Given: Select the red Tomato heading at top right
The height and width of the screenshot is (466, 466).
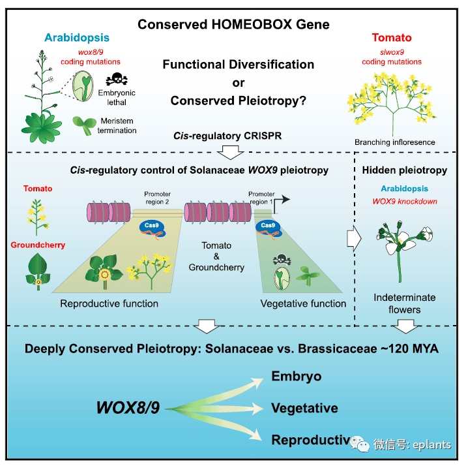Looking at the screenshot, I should point(391,39).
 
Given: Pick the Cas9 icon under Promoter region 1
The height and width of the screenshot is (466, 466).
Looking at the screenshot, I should point(268,227).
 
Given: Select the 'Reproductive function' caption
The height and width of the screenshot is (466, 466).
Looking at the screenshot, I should point(109,303).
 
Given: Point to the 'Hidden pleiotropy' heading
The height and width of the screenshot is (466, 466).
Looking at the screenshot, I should point(405,170).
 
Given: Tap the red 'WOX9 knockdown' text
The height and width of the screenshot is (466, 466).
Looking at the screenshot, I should point(404,201).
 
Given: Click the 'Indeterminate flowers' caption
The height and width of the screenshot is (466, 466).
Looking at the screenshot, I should point(405,303).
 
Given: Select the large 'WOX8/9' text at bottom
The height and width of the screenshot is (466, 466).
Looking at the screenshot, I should point(128,409).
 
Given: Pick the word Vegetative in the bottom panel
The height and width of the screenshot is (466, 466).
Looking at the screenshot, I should point(304,408).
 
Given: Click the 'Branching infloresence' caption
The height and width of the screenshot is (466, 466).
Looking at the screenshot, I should point(394,142).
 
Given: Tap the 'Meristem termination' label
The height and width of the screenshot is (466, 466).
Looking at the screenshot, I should point(118,125).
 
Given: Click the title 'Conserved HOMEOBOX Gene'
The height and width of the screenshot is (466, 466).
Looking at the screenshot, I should point(233,25).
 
